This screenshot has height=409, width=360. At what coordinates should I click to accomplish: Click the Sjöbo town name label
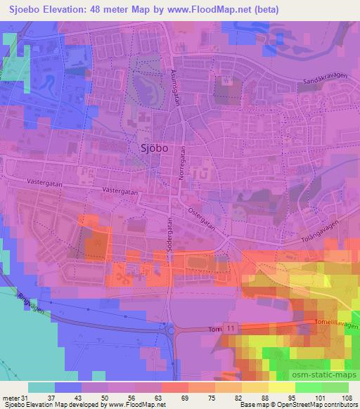149,148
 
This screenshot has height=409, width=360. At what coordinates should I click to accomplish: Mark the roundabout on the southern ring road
169,327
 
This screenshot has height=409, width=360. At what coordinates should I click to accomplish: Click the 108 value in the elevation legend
346,397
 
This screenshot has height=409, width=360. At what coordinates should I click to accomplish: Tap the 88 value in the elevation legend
264,397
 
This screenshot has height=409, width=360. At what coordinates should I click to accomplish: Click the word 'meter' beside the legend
9,397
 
